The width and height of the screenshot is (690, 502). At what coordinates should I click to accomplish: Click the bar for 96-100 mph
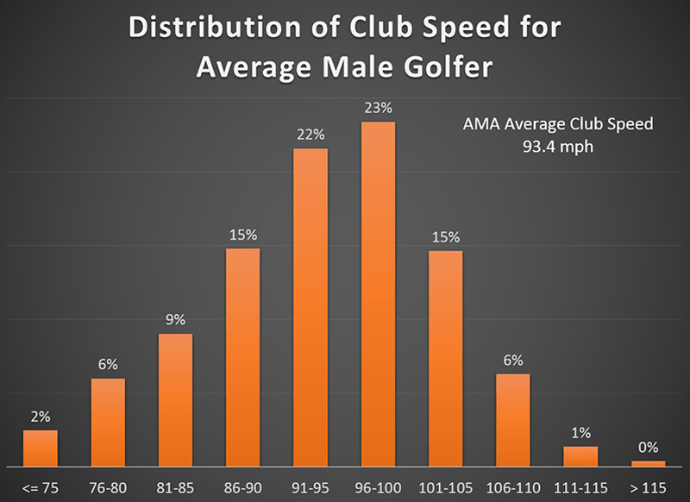point(378,293)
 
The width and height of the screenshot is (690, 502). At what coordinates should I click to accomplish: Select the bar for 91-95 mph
point(310,307)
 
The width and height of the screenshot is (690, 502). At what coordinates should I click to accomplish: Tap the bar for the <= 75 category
point(40,448)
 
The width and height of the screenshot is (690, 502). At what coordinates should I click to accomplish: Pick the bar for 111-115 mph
point(580,456)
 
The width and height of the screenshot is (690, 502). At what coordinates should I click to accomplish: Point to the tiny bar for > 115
point(648,463)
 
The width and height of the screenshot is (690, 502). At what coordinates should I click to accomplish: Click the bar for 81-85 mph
point(175,399)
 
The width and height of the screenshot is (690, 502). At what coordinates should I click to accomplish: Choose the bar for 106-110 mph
point(513,419)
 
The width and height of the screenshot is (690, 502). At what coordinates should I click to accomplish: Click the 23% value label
point(378,109)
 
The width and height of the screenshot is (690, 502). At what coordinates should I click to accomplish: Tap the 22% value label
point(310,135)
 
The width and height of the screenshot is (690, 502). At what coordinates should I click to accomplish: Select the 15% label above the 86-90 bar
point(243,235)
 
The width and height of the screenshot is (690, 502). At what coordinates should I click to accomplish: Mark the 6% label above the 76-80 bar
point(108,365)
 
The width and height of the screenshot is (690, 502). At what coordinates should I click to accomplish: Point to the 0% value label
point(648,447)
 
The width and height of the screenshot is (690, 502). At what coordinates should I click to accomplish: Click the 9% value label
point(175,320)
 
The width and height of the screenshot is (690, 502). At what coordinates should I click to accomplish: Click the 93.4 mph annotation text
point(557,147)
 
